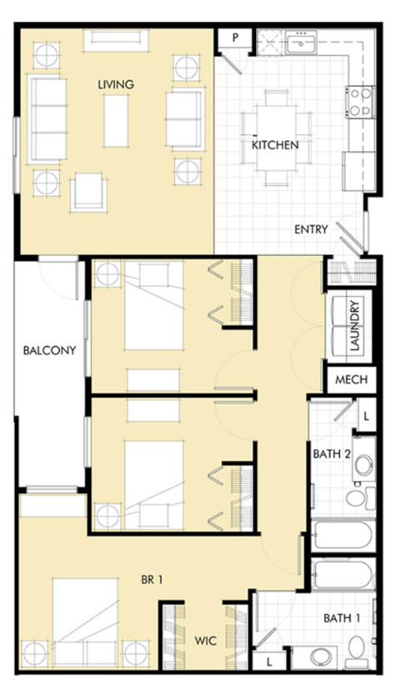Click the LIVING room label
click(x=116, y=84)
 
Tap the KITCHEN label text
click(x=275, y=144)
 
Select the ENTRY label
click(x=311, y=229)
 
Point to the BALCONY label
click(x=49, y=350)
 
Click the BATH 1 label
click(x=342, y=619)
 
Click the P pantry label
click(x=236, y=38)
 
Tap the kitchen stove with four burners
click(x=360, y=101)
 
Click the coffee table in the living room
click(x=116, y=120)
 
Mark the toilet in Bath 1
click(x=357, y=648)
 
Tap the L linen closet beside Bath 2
click(x=367, y=414)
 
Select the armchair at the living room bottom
click(x=87, y=193)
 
